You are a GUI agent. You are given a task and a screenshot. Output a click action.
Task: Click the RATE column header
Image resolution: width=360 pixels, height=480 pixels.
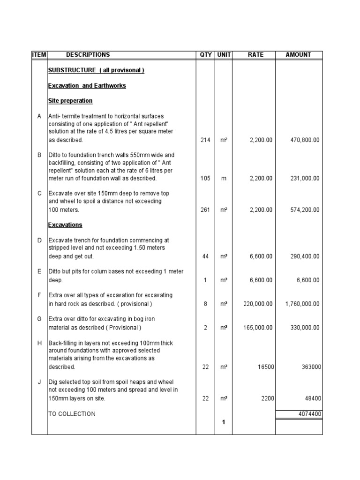(x=255, y=55)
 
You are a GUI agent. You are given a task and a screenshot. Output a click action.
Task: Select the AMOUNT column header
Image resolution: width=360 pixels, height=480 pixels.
(x=298, y=55)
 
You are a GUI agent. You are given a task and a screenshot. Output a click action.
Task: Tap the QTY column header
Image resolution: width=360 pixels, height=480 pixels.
(x=205, y=55)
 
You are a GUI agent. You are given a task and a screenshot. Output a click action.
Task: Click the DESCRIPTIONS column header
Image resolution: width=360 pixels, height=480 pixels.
(x=88, y=55)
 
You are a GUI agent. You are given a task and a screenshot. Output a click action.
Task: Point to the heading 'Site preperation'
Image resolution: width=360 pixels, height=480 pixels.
(x=70, y=101)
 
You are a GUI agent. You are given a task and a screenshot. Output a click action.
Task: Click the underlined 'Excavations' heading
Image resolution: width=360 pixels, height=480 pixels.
(x=65, y=225)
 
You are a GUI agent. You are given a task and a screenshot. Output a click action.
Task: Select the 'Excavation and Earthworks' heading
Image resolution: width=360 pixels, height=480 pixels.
(x=87, y=86)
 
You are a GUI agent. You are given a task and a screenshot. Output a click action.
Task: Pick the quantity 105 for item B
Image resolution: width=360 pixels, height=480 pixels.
(x=205, y=179)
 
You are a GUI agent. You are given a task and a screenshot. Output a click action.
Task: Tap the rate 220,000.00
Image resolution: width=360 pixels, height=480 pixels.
(x=258, y=304)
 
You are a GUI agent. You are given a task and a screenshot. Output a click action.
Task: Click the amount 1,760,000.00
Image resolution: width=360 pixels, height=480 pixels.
(x=302, y=304)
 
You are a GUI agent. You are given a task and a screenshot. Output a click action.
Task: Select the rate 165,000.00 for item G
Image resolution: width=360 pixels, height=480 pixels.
(x=258, y=328)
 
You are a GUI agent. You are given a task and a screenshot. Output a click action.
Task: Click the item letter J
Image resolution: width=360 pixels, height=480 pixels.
(x=39, y=382)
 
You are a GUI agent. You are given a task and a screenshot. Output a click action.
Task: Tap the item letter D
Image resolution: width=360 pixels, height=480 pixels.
(x=39, y=240)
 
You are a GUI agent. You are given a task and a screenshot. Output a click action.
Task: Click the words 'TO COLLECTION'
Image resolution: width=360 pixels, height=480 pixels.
(x=72, y=414)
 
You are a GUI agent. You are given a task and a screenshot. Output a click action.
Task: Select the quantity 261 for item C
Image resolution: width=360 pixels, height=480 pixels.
(x=205, y=210)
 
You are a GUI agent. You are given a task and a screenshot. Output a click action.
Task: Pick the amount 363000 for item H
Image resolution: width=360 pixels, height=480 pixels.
(x=311, y=367)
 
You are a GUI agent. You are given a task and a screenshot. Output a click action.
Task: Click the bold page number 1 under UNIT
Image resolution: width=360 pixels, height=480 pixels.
(x=224, y=422)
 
